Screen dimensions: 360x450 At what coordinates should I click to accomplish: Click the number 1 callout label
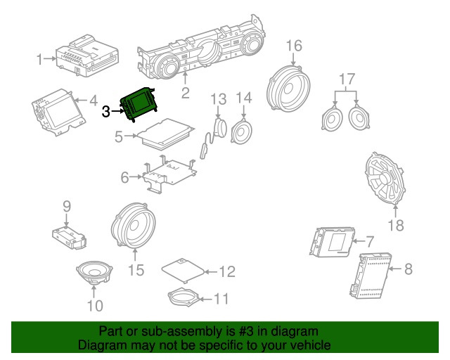pyautogui.click(x=41, y=60)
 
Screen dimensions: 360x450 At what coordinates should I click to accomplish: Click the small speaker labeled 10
pyautogui.click(x=95, y=274)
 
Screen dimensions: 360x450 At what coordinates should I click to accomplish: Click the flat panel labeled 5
pyautogui.click(x=165, y=133)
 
